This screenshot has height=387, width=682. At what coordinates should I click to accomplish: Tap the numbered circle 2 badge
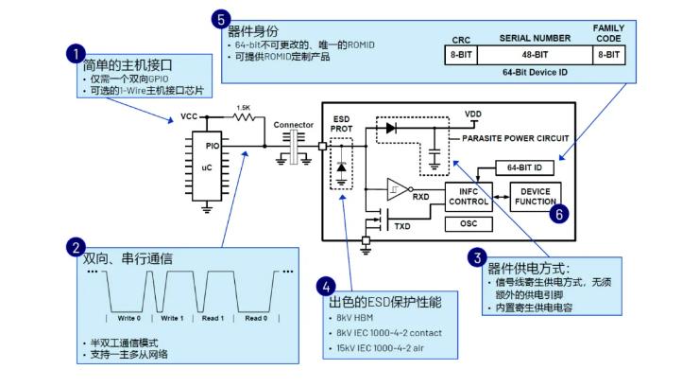pyautogui.click(x=74, y=248)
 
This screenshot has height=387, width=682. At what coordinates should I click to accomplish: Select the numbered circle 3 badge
pyautogui.click(x=479, y=256)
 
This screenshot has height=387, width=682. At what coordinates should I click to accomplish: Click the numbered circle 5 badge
pyautogui.click(x=220, y=19)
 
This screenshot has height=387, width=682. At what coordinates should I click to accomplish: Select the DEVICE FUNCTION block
pyautogui.click(x=535, y=197)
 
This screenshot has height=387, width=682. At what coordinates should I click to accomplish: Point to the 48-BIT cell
pyautogui.click(x=536, y=56)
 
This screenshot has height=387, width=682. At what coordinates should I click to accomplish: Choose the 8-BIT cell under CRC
pyautogui.click(x=462, y=56)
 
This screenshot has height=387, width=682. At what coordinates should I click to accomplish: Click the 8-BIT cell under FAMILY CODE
pyautogui.click(x=608, y=56)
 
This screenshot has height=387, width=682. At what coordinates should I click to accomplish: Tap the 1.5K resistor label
pyautogui.click(x=243, y=107)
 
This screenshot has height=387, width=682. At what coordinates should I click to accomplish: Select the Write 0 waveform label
pyautogui.click(x=128, y=318)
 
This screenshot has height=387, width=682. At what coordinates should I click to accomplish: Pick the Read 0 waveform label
pyautogui.click(x=256, y=318)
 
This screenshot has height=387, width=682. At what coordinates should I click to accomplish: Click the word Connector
pyautogui.click(x=293, y=125)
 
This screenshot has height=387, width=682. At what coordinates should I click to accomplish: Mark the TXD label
pyautogui.click(x=402, y=227)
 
